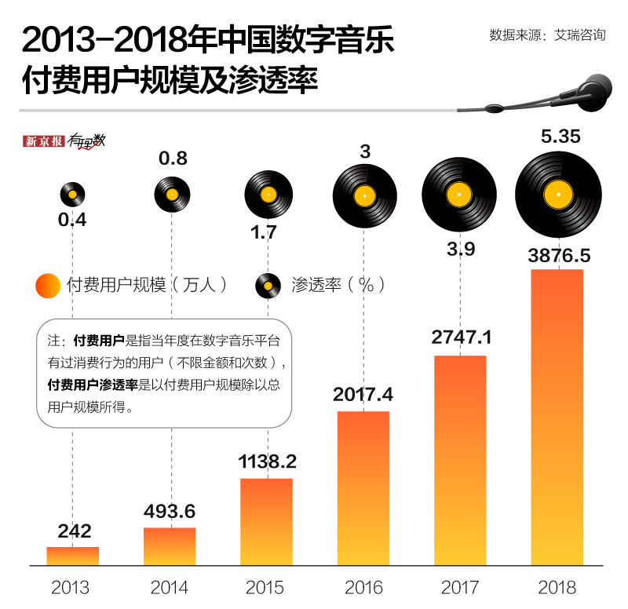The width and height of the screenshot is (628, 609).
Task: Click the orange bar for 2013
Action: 73,556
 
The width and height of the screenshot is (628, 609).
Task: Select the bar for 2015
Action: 266,521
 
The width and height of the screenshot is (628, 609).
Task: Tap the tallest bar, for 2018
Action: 557,416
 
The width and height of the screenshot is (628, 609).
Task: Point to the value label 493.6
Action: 170,512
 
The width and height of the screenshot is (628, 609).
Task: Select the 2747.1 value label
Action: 461,338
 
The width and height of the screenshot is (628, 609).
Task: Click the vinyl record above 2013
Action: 73,193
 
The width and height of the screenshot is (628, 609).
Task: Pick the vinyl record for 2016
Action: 363,195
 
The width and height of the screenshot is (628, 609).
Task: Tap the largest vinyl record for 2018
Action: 558,194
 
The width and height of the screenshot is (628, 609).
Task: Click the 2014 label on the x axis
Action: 170,587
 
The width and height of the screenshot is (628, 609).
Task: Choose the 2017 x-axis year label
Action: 461,587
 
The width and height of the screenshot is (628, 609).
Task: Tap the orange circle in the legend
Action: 48,285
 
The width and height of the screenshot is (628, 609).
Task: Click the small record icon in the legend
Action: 268,285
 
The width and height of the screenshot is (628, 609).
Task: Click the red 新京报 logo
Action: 44,141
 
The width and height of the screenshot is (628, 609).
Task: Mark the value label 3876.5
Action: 558,256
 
